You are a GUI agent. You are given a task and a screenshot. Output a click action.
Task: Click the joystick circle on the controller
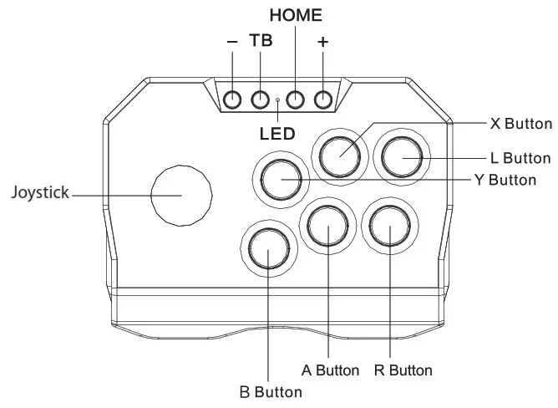[180, 194]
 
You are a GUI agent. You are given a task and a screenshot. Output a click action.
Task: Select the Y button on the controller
[280, 178]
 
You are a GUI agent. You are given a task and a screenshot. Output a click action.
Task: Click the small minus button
[232, 99]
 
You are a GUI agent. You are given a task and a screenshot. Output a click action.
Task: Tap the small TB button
[261, 99]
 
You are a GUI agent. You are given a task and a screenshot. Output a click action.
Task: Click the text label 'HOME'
[295, 16]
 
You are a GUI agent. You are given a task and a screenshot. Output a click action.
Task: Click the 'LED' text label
[277, 134]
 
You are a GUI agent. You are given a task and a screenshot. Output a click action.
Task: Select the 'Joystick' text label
[39, 193]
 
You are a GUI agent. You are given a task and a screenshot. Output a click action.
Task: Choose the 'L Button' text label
[521, 158]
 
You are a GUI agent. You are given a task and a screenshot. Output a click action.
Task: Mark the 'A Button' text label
[330, 370]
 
